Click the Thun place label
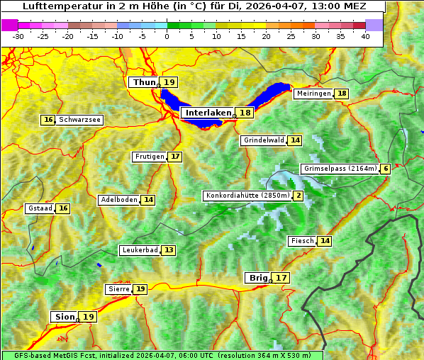click(x=144, y=83)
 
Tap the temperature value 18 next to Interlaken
click(x=245, y=113)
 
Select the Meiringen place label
click(x=313, y=94)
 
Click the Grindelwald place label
click(x=264, y=140)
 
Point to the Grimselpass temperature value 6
click(x=385, y=169)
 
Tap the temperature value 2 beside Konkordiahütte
click(x=299, y=196)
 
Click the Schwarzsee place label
click(x=79, y=120)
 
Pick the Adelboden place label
click(x=118, y=200)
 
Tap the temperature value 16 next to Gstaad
click(x=63, y=208)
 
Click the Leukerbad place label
click(x=139, y=250)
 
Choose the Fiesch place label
click(x=302, y=241)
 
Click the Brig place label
click(x=257, y=278)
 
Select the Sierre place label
click(x=118, y=289)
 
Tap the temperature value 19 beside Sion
click(x=88, y=317)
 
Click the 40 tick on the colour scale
click(x=365, y=36)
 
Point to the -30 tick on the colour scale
click(x=18, y=36)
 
